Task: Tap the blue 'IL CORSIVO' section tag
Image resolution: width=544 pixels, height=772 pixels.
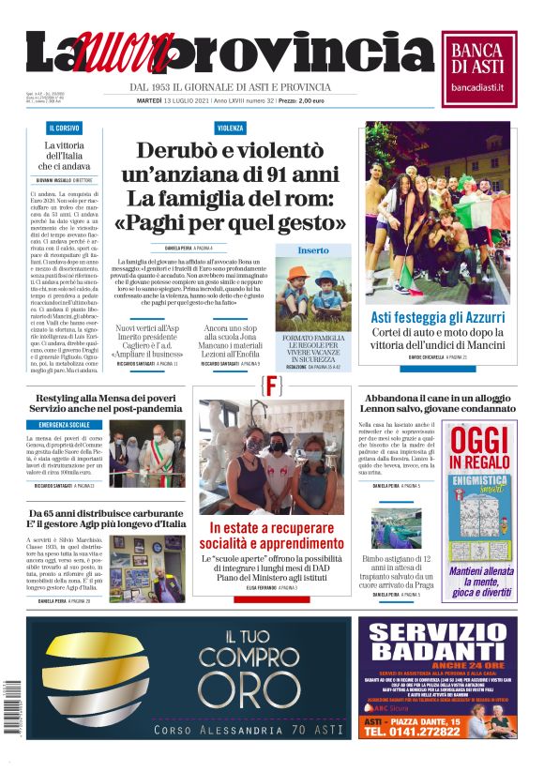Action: tap(64, 128)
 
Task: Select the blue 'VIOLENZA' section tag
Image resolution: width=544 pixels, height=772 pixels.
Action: tap(230, 128)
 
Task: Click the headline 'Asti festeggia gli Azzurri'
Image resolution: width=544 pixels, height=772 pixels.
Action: tap(432, 317)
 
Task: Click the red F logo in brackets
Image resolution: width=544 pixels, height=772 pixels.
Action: tap(273, 385)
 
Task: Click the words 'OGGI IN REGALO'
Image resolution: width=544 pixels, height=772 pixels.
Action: tap(478, 451)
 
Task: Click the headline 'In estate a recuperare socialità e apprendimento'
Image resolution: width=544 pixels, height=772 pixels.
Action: tap(272, 536)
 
